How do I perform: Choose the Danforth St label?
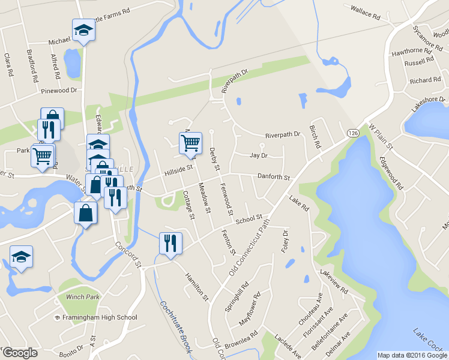pos(273,178)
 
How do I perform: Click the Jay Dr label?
pos(258,155)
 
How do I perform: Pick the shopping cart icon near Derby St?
pos(190,142)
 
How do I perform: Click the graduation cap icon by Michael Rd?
pos(83,29)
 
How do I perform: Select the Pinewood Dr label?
pos(59,91)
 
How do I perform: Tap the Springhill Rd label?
pos(237,296)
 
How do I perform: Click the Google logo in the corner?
pos(19,353)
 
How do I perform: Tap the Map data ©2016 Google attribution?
pos(412,355)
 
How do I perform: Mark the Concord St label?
pos(130,254)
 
